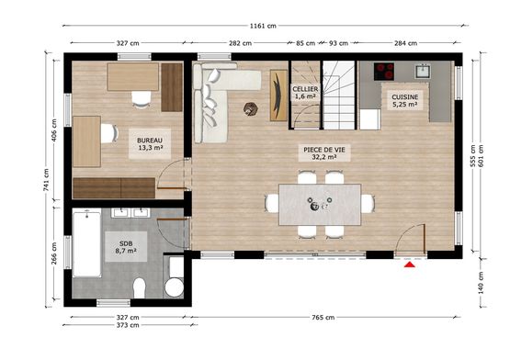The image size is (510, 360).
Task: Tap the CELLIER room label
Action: [x=305, y=89]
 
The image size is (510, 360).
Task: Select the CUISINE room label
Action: [x=404, y=96]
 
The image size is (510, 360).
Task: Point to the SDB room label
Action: [x=125, y=245]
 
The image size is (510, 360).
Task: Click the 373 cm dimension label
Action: [x=128, y=325]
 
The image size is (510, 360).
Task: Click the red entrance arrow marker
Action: [x=409, y=266]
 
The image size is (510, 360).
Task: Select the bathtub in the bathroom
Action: [x=87, y=242]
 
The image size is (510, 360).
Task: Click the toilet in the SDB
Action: [x=140, y=287]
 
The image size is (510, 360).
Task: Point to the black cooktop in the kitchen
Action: [x=384, y=70]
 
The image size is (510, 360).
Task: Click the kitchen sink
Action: [x=424, y=70]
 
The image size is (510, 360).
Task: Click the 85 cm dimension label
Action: [x=305, y=42]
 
